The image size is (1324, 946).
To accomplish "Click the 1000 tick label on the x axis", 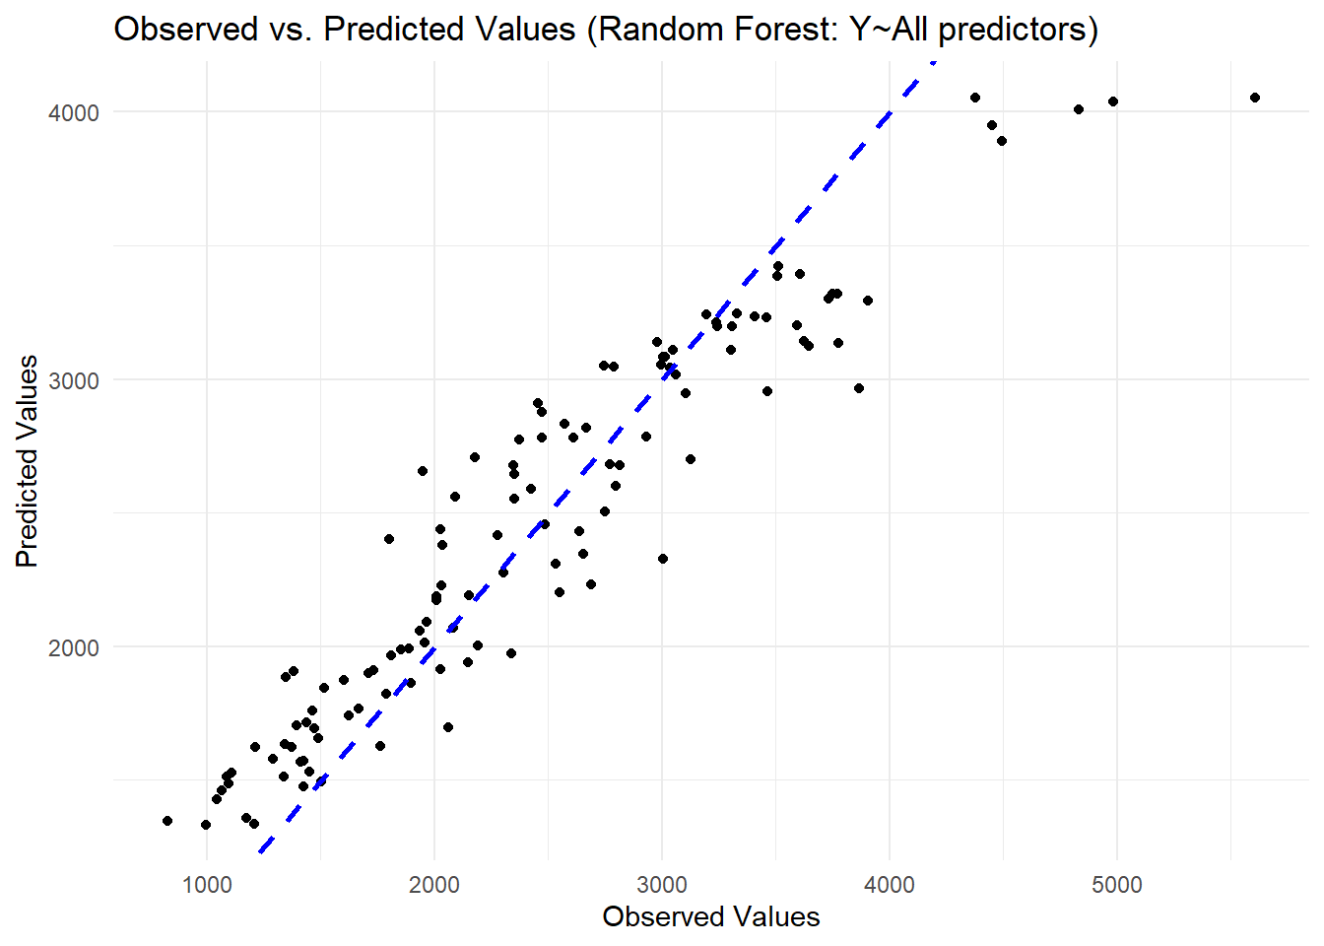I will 207,884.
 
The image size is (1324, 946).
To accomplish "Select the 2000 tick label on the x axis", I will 434,884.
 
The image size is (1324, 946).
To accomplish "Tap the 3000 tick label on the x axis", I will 662,884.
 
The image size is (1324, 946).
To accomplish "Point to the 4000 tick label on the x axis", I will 890,884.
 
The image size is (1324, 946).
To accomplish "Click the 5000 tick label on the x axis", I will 1117,884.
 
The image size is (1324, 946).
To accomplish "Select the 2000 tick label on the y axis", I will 75,647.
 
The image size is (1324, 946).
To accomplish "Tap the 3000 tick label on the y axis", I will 75,380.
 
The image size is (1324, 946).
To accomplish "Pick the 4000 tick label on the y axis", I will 75,112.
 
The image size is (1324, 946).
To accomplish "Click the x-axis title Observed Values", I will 710,916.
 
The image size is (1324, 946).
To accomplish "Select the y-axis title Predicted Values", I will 27,461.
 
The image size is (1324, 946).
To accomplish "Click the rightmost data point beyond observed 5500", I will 1255,98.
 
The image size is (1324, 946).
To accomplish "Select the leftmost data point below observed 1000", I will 167,821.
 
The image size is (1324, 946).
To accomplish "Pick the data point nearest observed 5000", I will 1113,101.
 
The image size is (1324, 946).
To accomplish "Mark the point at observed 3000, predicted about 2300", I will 663,559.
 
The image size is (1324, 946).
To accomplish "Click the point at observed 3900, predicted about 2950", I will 859,388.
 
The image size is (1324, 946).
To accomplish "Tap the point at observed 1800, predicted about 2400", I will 389,539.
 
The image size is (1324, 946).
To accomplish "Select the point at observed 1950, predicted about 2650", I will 423,471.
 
